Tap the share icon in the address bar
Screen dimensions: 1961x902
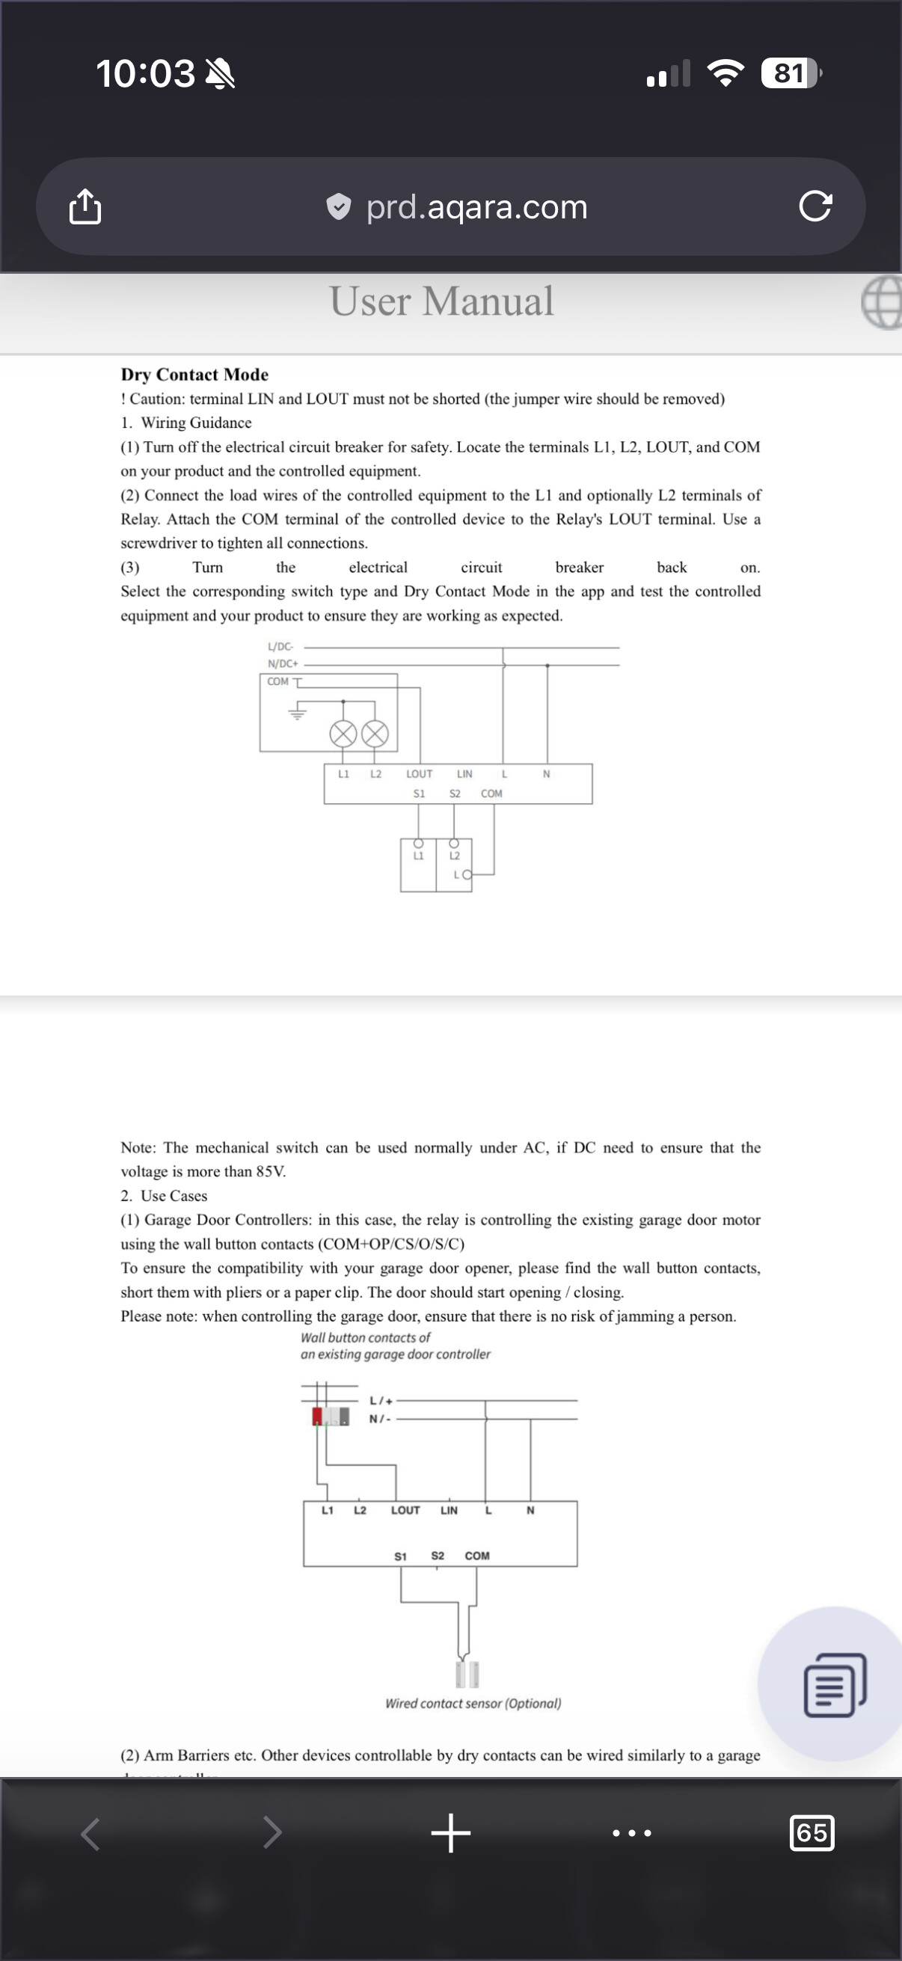85,206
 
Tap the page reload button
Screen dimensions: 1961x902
815,206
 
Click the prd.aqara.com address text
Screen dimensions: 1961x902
476,207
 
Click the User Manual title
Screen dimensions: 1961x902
441,301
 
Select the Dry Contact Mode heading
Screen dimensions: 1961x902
194,375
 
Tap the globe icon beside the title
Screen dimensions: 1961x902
883,302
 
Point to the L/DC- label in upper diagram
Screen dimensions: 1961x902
280,647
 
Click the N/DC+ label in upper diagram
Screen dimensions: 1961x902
283,664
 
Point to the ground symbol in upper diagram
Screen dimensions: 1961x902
297,713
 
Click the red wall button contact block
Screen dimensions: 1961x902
317,1417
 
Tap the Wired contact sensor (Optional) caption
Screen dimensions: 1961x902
473,1704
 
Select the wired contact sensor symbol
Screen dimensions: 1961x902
467,1674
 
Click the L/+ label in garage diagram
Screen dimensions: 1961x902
381,1401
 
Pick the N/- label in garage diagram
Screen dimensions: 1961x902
380,1419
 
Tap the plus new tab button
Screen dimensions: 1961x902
450,1833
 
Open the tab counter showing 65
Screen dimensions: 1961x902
812,1833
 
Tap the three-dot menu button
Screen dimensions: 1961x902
632,1833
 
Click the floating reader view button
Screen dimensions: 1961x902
835,1684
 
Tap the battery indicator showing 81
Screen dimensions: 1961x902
790,73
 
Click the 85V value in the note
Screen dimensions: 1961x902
269,1171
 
